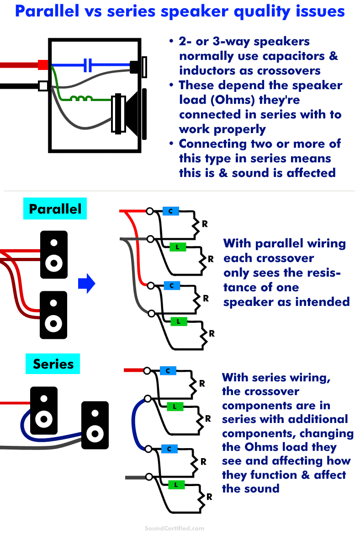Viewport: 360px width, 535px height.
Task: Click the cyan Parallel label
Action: click(x=55, y=209)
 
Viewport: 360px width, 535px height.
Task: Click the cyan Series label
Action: click(x=53, y=364)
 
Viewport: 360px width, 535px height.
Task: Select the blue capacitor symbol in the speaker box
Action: click(x=87, y=65)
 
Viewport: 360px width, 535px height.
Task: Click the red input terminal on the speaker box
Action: click(x=43, y=65)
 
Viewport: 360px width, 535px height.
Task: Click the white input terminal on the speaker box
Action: click(x=43, y=86)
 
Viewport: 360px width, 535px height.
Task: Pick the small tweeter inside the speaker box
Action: click(x=139, y=67)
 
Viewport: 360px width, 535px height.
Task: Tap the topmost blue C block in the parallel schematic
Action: click(x=171, y=211)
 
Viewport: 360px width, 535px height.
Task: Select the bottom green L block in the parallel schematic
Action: click(x=179, y=321)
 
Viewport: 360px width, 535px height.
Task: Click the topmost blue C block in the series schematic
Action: click(x=168, y=371)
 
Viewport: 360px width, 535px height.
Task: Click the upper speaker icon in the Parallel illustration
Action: click(x=54, y=255)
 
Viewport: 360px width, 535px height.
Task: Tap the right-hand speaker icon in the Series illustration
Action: click(x=95, y=425)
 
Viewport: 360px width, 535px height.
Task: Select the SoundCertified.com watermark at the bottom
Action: click(x=175, y=528)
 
